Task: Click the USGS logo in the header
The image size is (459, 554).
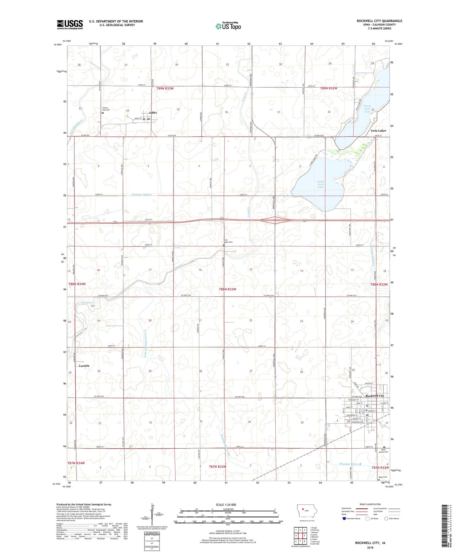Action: pos(70,24)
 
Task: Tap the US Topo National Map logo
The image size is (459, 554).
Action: pos(227,26)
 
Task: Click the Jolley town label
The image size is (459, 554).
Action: pos(153,113)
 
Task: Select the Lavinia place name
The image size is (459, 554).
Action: pos(84,366)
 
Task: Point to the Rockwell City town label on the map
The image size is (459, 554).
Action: pos(375,396)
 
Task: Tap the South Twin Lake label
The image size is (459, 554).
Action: pos(321,184)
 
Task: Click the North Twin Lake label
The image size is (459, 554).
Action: pos(367,109)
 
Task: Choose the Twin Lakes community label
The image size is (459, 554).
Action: pos(378,131)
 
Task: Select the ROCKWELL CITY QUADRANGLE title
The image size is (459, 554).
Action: pos(379,21)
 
